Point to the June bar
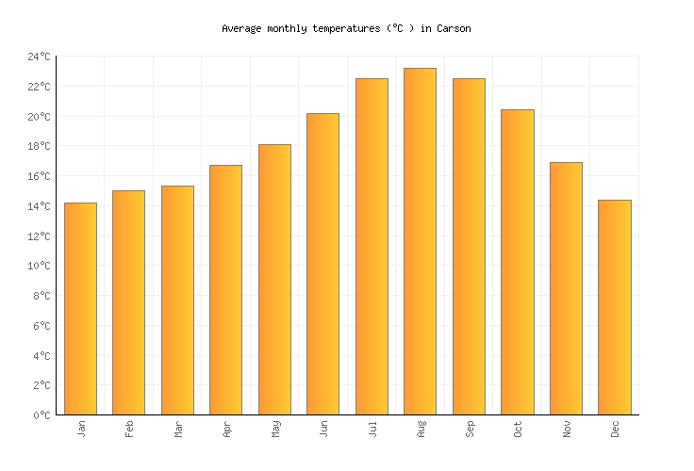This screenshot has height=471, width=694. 322,264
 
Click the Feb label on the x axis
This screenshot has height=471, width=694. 129,428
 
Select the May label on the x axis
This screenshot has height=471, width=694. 275,429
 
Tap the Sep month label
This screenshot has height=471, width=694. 470,429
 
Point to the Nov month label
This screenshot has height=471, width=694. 567,429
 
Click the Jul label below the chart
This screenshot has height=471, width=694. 372,428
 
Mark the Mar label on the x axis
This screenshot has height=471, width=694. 178,429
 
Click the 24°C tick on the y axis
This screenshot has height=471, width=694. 39,57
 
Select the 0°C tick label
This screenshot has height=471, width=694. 41,415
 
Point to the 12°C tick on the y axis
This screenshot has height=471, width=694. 39,236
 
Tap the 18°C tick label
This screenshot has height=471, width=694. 39,147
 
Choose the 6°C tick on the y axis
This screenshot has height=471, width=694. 41,326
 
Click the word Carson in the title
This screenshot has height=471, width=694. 454,29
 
